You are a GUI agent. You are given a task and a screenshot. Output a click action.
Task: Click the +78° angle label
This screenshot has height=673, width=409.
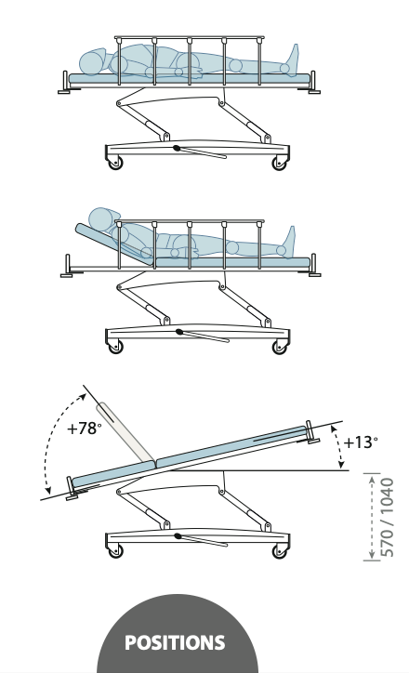85,429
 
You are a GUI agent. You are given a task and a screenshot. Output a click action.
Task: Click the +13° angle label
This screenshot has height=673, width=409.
361,442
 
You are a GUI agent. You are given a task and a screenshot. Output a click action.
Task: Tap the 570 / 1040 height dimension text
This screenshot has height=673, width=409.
387,517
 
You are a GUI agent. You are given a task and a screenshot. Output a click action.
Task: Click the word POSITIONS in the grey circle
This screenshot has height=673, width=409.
175,642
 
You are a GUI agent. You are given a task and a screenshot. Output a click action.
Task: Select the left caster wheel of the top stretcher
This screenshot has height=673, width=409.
115,163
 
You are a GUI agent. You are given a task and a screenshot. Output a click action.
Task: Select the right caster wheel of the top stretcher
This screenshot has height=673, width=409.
280,163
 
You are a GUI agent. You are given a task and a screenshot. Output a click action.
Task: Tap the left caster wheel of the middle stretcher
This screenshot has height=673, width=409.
115,347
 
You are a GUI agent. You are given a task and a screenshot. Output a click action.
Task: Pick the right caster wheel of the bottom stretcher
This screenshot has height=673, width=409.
280,551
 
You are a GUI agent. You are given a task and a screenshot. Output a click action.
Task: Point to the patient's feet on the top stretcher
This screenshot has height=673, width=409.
291,59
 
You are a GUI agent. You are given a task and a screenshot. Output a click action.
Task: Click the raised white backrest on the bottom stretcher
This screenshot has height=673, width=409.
125,432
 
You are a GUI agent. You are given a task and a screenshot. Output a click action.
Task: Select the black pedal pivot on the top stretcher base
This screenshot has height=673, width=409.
177,148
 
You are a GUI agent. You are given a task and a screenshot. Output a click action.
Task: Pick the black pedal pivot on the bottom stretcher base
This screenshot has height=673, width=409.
178,536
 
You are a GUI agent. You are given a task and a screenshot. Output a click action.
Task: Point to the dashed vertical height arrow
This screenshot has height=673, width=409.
372,517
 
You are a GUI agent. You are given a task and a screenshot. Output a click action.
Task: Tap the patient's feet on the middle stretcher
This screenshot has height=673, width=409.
288,242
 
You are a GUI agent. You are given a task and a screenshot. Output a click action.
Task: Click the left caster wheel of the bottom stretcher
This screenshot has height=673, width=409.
115,551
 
